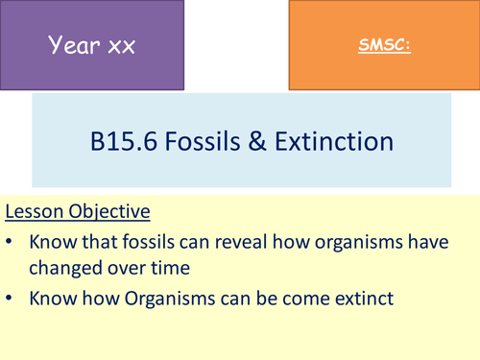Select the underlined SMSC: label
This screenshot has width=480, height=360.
click(x=383, y=45)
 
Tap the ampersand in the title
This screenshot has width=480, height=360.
click(x=272, y=142)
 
